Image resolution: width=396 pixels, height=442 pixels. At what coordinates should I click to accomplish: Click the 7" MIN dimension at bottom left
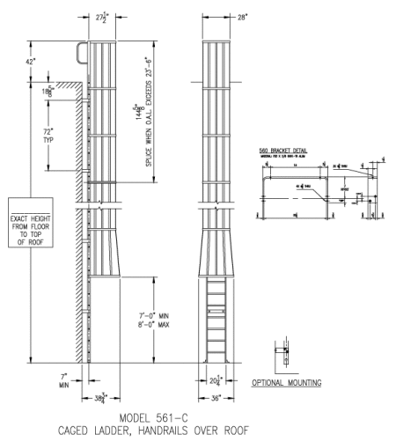coord(64,380)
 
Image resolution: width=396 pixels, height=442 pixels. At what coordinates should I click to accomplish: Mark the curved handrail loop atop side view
coord(82,51)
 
